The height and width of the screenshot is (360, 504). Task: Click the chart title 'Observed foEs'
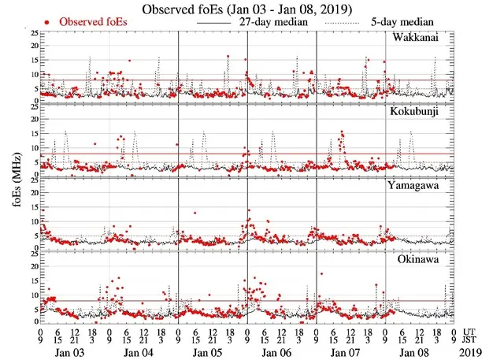pos(251,9)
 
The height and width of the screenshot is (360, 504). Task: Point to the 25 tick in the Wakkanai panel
pos(31,33)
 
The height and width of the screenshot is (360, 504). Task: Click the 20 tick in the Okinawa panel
pos(31,266)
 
